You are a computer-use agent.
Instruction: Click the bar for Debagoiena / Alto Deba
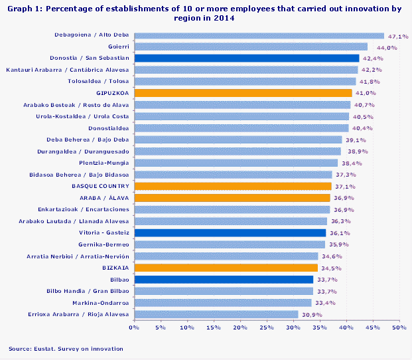(259, 35)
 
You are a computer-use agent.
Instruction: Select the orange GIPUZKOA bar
(243, 93)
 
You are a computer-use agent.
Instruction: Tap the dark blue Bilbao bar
(224, 280)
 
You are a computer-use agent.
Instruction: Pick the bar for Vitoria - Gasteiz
(230, 232)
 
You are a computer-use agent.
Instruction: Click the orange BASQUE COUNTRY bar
(233, 186)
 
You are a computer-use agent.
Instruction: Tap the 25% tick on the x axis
(267, 327)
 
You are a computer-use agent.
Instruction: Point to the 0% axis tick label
(134, 327)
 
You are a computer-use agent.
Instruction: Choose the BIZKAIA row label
(115, 268)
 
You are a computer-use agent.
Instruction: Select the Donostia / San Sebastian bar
(247, 58)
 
